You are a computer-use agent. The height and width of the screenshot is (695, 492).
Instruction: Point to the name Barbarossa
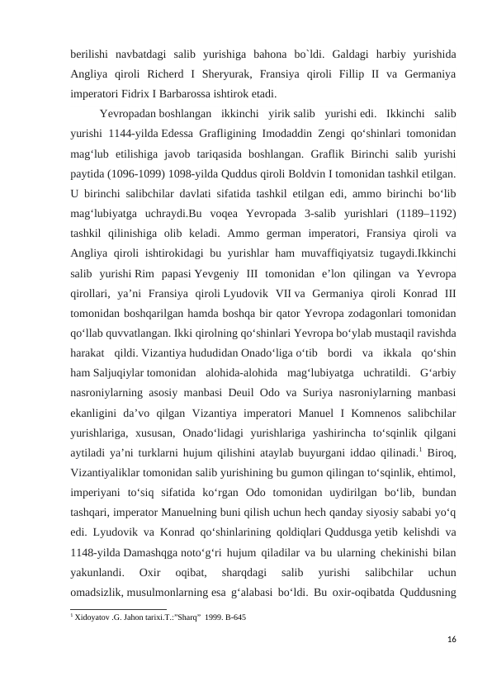tap(220, 92)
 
